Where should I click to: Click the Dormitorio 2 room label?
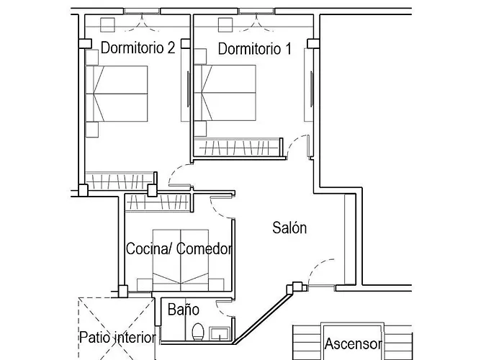tap(138, 49)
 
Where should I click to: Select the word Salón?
tap(289, 228)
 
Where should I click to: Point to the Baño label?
tap(183, 310)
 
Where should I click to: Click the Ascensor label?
tap(353, 343)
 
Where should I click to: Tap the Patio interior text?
tap(117, 338)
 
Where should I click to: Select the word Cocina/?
tap(149, 249)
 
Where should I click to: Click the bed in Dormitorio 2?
tap(119, 94)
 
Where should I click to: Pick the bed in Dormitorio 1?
tap(227, 94)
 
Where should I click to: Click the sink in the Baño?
tap(220, 333)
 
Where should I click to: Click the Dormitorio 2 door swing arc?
tap(177, 175)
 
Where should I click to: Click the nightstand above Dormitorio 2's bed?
tap(91, 58)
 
